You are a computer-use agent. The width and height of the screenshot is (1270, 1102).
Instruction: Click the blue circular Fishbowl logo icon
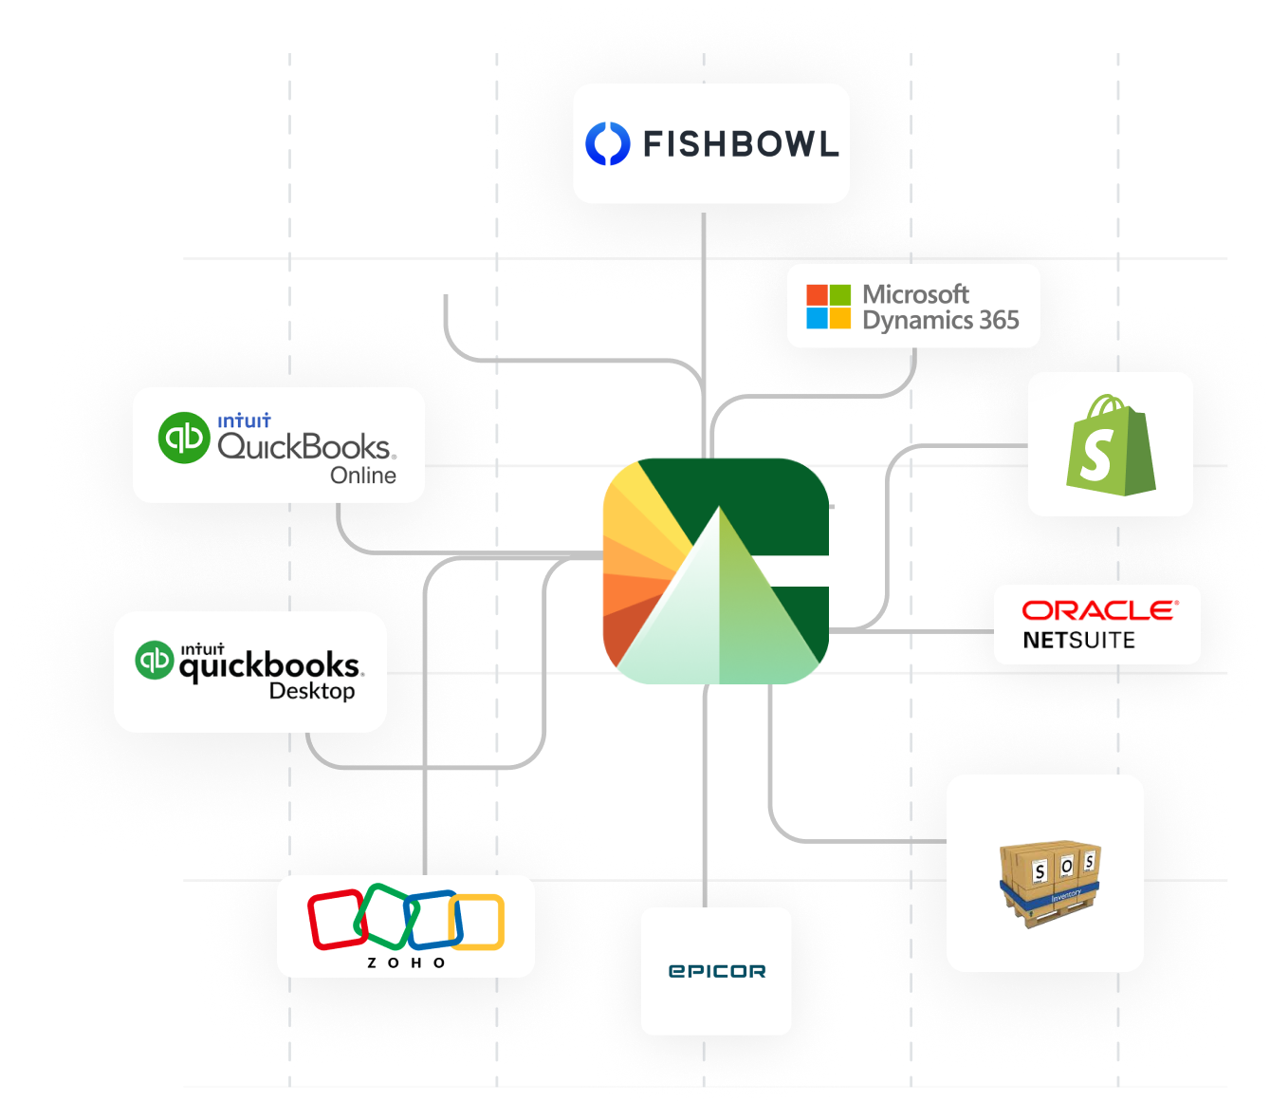coord(607,143)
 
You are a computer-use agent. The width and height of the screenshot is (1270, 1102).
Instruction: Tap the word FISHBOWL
coord(741,144)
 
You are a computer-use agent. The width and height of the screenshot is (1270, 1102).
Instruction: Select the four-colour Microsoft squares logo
coord(828,307)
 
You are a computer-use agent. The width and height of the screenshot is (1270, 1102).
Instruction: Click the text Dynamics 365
coord(941,321)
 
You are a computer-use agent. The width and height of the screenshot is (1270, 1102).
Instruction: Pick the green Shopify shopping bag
coord(1111,445)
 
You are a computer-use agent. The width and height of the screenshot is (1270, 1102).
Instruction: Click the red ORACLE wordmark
coord(1100,610)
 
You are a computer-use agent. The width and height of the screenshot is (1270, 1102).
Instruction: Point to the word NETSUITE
coord(1079,640)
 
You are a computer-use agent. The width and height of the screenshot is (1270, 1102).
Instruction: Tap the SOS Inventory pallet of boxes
coord(1050,885)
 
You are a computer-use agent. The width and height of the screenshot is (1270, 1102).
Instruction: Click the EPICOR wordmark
coord(717,971)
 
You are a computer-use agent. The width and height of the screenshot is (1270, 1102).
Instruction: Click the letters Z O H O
coord(406,963)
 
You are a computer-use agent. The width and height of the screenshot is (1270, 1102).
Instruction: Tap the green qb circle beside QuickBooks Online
coord(184,438)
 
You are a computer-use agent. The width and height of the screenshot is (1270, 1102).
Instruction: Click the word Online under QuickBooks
coord(363,476)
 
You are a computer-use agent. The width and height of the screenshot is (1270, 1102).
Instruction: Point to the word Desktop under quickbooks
coord(312,691)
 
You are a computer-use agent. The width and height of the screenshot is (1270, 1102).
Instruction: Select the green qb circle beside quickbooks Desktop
coord(155,661)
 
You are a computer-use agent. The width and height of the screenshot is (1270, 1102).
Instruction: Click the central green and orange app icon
coord(716,571)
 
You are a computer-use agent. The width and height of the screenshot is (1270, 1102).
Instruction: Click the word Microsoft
coord(915,294)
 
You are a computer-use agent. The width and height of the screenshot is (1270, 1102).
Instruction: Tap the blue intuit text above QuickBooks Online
coord(245,420)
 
